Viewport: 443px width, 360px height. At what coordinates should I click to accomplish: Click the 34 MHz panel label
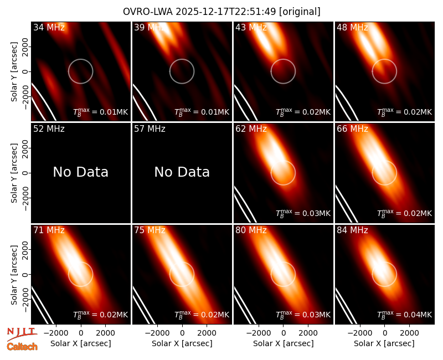point(49,27)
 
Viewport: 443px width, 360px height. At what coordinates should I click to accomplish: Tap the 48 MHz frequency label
point(352,27)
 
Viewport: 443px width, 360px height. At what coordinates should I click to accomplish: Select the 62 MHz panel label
point(251,129)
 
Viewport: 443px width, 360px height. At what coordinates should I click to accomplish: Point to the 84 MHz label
point(352,230)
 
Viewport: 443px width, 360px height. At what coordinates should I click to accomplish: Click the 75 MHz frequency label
point(150,230)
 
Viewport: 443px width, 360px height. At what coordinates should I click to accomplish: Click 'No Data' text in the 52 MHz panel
point(80,172)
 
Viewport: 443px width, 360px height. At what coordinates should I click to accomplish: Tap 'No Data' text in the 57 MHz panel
point(182,172)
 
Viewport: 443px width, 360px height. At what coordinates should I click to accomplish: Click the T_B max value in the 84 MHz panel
point(405,315)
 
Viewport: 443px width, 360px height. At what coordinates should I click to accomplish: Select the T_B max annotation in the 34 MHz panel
point(101,112)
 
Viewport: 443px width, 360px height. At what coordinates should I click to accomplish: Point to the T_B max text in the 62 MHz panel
point(303,213)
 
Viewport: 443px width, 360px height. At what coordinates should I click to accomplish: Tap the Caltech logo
point(22,347)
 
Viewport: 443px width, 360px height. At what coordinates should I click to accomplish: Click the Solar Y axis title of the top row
point(14,72)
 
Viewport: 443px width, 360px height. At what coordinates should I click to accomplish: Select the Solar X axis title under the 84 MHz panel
point(384,343)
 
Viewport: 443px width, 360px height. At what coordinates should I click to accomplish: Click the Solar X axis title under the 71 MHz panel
point(80,343)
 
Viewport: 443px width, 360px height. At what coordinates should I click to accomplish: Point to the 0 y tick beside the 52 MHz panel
point(25,173)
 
